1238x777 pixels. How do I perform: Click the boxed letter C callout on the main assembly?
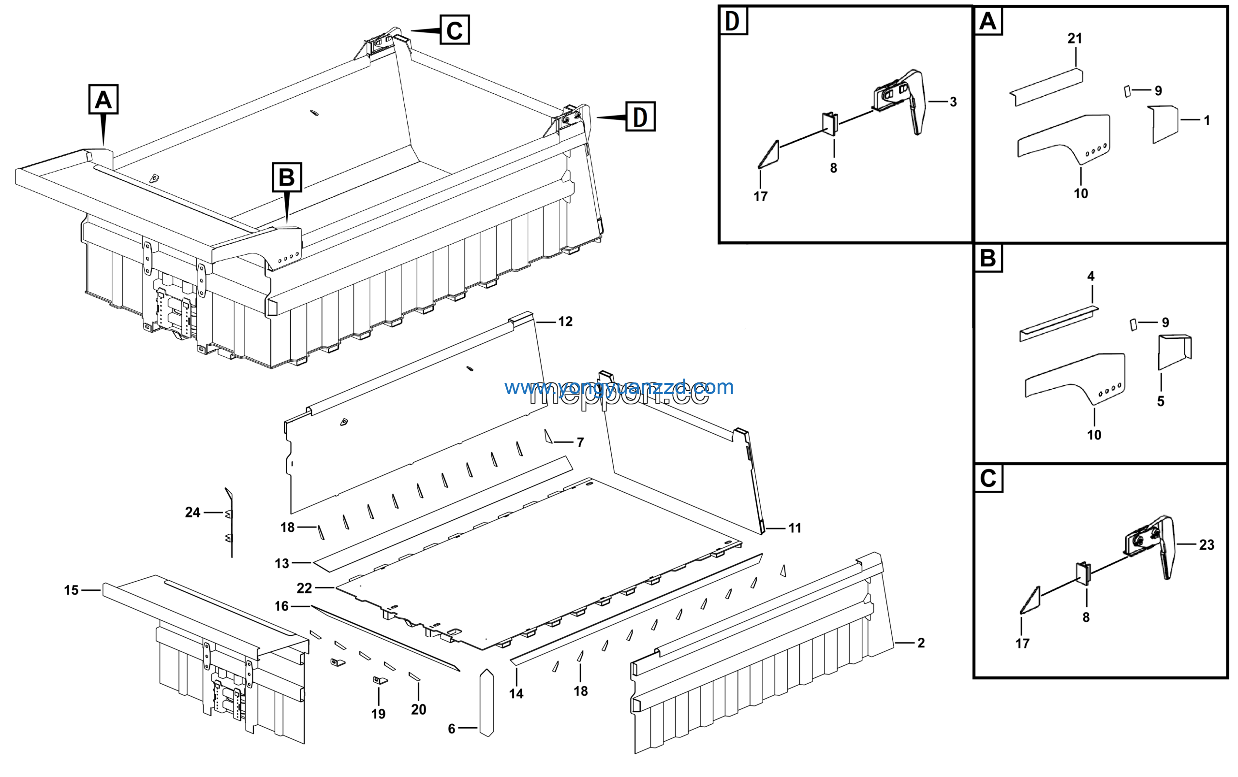tap(454, 30)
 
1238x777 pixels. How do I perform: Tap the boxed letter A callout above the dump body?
tap(103, 99)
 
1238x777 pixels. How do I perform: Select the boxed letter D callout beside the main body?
tap(640, 117)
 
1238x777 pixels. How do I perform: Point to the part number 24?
tap(193, 513)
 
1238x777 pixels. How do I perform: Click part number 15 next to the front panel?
tap(72, 590)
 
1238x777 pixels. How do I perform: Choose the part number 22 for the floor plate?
tap(304, 588)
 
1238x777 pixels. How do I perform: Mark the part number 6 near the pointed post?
tap(451, 729)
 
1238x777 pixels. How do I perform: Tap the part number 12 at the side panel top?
tap(565, 322)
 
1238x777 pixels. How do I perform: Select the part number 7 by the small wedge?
tap(580, 442)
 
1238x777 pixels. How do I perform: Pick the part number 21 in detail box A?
tap(1075, 39)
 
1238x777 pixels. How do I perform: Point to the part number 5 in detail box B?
tap(1161, 401)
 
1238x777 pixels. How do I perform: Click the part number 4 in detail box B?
tap(1091, 277)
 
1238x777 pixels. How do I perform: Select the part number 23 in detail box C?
tap(1207, 545)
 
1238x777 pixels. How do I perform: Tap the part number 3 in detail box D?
tap(953, 102)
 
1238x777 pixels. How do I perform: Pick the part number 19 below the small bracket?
tap(378, 714)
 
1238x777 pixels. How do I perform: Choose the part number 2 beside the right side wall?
tap(921, 643)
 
